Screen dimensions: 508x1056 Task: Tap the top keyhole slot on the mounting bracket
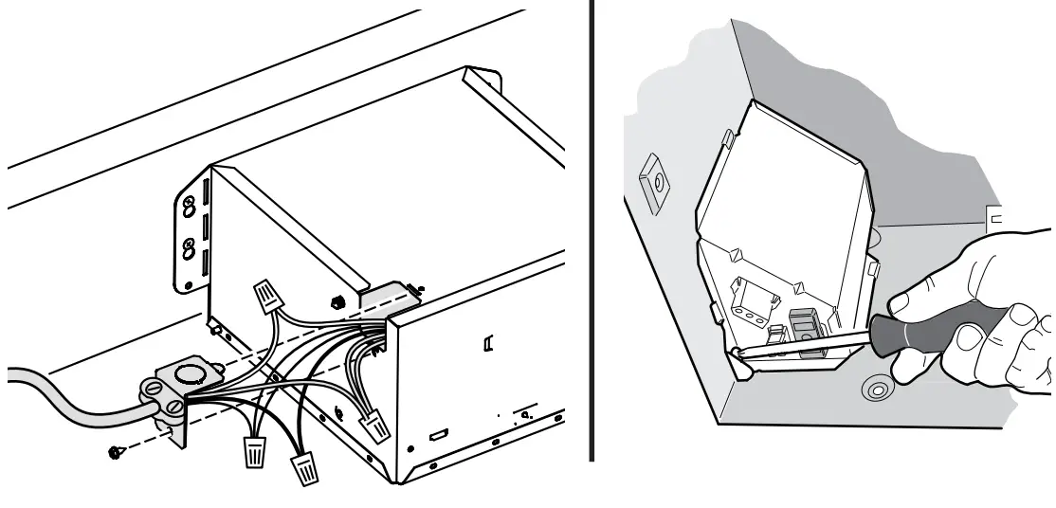(x=190, y=205)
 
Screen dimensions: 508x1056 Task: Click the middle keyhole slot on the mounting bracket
(x=189, y=250)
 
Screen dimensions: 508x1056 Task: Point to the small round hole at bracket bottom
(x=189, y=284)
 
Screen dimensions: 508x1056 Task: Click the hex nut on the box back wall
(x=337, y=302)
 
